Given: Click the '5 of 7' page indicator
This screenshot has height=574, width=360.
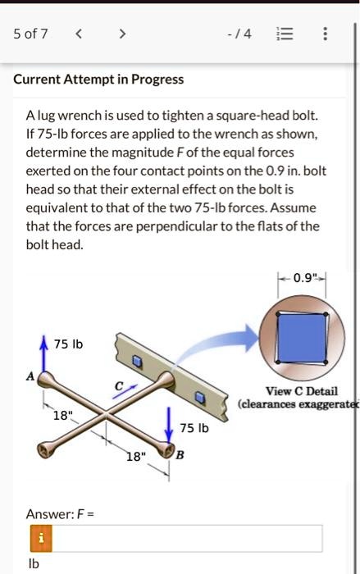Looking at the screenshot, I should tap(30, 34).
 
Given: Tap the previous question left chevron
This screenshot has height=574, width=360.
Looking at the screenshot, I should tap(78, 34).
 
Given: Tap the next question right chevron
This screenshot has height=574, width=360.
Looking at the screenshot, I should tap(121, 34).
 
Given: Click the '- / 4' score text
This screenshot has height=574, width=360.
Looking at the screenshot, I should tap(244, 34).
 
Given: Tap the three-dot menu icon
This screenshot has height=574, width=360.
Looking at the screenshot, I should tap(326, 34).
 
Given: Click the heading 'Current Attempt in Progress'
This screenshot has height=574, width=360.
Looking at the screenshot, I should tap(98, 80).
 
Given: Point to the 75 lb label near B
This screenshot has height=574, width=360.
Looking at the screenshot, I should tap(194, 428).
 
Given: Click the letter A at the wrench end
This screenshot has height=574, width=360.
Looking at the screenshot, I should tap(30, 376).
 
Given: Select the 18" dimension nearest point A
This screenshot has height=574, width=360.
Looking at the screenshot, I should tap(62, 416).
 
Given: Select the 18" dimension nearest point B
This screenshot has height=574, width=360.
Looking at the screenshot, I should tap(134, 457).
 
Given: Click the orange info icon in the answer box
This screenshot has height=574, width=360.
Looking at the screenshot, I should tap(36, 538).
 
